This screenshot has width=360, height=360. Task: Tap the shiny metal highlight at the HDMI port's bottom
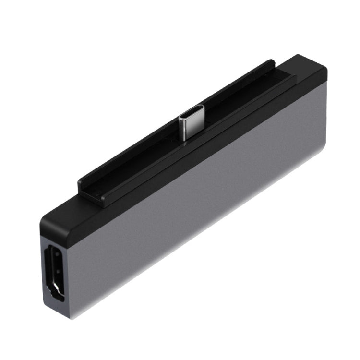pos(57,294)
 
